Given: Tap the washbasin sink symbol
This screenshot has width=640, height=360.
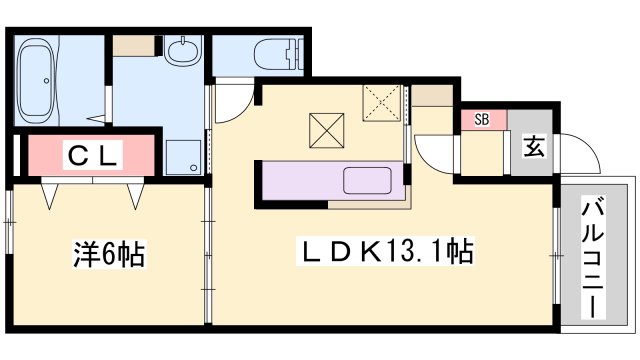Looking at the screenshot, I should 183,51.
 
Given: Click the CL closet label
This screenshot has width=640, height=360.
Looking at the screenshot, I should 93,156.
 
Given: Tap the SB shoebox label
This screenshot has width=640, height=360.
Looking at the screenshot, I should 482,120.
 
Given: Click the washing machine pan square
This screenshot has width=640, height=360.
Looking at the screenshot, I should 181,156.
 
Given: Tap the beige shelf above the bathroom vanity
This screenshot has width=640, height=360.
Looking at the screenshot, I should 133,45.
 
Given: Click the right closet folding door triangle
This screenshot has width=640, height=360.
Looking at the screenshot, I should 135,194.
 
